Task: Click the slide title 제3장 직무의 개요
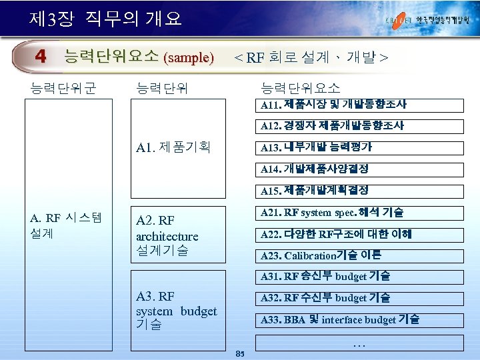(105, 18)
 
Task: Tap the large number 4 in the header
(41, 57)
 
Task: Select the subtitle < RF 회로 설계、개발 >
(310, 57)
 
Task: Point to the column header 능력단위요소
(301, 87)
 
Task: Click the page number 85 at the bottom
(241, 353)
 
